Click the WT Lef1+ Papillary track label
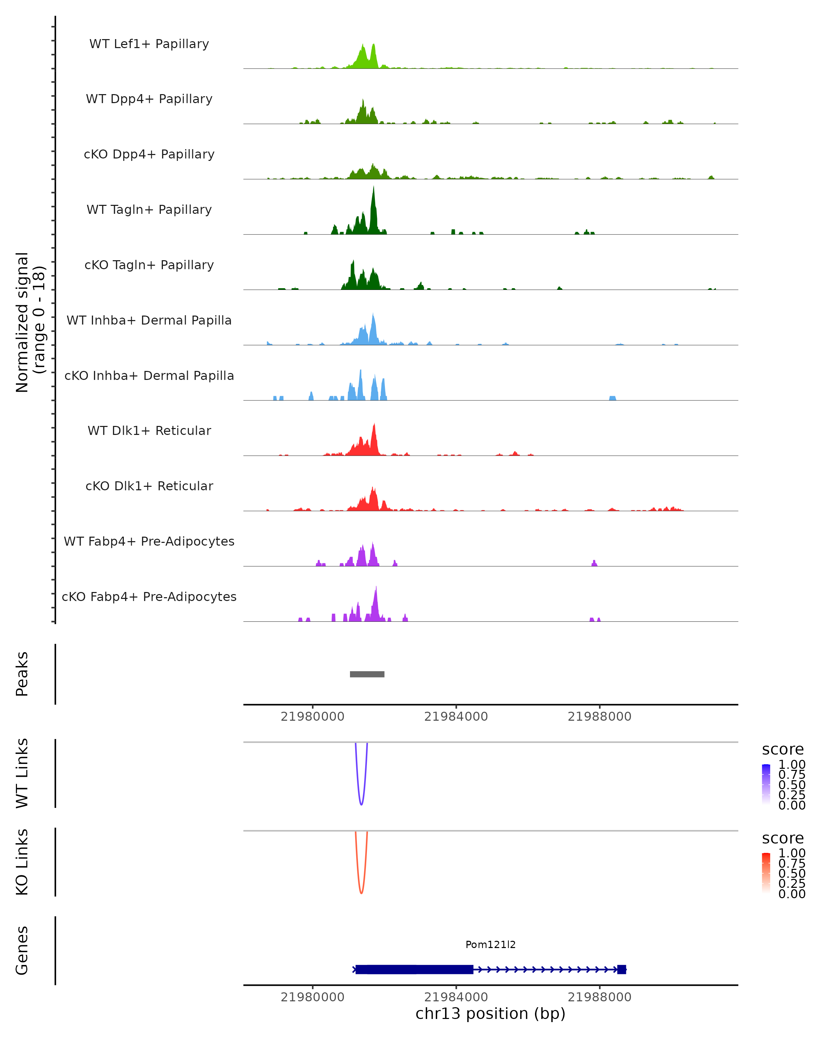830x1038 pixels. point(149,44)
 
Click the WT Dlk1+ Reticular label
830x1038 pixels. point(149,430)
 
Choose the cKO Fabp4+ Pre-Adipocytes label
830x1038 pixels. point(149,597)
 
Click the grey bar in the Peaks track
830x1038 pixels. point(367,674)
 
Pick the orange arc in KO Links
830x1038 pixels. point(361,892)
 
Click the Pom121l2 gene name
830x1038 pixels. point(490,945)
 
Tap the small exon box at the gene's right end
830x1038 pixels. point(622,969)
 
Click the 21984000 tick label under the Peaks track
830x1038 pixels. point(456,717)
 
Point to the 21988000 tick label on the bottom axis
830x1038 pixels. point(600,997)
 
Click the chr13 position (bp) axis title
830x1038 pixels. point(490,1014)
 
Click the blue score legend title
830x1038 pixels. point(783,750)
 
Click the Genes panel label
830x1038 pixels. point(22,950)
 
